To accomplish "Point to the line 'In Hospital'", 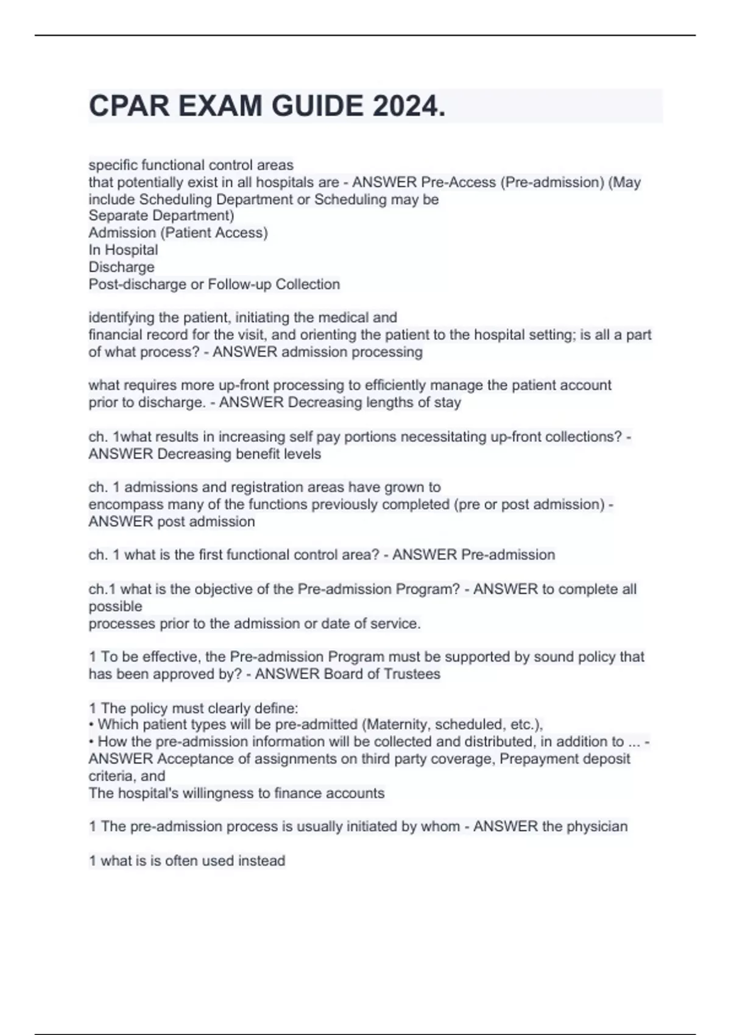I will pos(123,250).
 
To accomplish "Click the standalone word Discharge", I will pos(121,267).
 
